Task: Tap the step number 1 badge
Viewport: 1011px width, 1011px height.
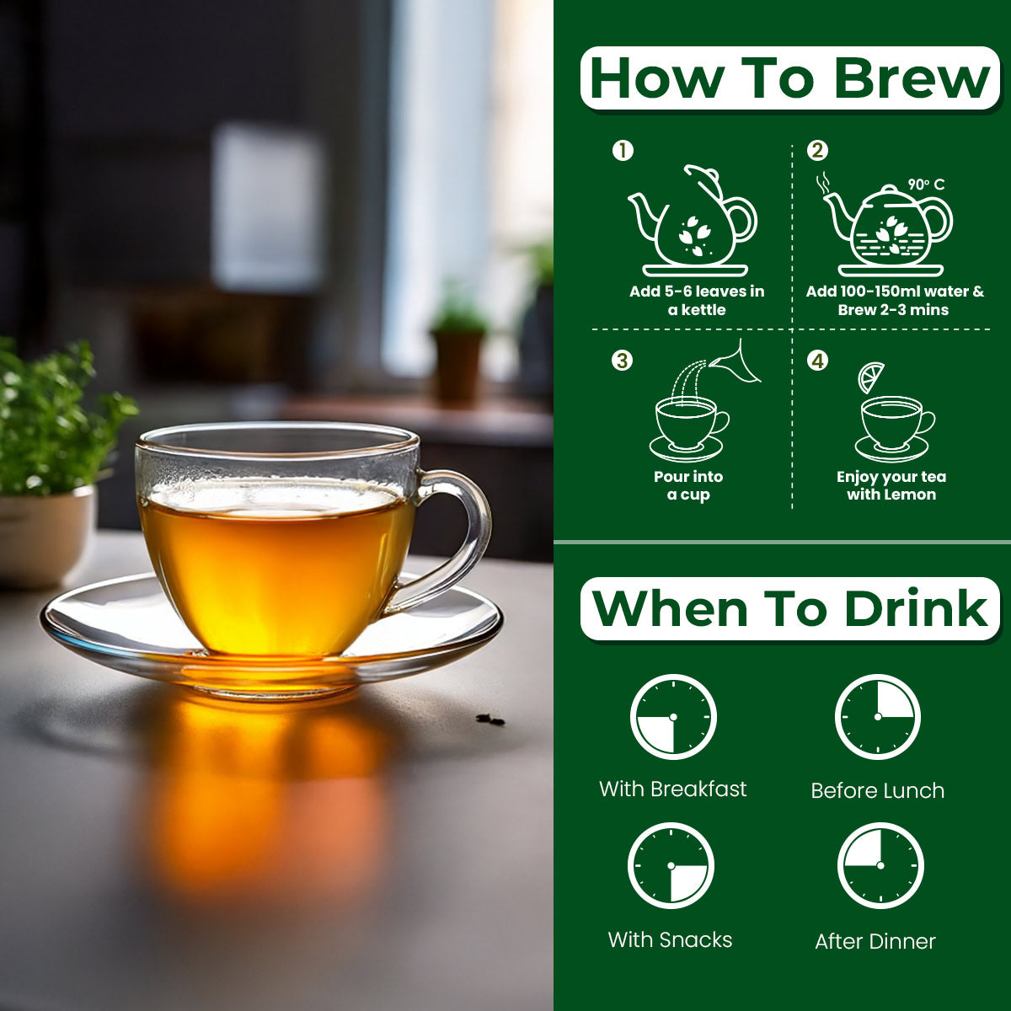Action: (623, 151)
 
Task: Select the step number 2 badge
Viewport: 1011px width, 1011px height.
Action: (817, 151)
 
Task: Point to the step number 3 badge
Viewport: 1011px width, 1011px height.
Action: (623, 361)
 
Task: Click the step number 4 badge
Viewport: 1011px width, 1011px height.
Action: (817, 361)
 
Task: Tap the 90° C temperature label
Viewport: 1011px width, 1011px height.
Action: (926, 185)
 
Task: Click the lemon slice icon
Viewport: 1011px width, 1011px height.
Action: (871, 377)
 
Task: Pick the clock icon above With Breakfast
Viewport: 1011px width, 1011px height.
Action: (673, 717)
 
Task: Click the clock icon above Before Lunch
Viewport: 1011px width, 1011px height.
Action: (878, 717)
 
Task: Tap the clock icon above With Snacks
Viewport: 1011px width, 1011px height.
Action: (671, 866)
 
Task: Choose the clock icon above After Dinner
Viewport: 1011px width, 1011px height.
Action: (880, 866)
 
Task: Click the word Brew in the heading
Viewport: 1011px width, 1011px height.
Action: (912, 78)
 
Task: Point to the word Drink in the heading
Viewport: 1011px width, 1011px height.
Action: (916, 608)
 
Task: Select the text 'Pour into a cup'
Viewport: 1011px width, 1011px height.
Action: (688, 485)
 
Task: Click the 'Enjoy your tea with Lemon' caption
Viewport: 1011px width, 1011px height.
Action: (891, 485)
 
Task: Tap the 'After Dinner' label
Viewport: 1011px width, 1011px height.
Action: (875, 941)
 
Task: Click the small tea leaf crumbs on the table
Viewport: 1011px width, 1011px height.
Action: (490, 719)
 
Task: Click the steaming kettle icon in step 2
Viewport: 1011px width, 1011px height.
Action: (886, 226)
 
